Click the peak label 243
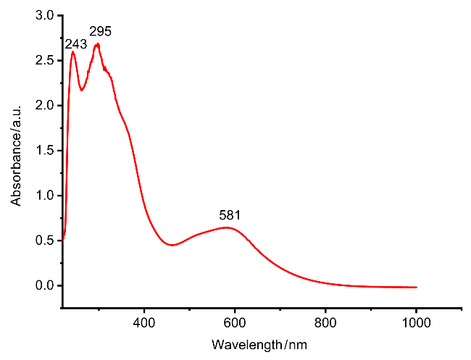click(x=76, y=44)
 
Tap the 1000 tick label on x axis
click(x=416, y=321)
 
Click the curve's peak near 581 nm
click(x=227, y=227)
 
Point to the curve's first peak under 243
click(x=73, y=51)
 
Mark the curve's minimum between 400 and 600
click(x=172, y=245)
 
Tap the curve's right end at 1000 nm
click(x=416, y=287)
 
